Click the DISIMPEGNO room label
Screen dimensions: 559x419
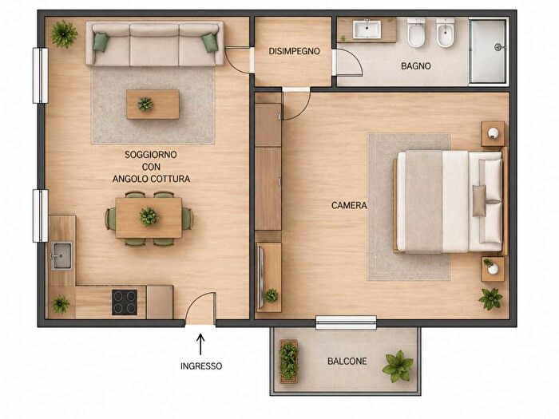click(294, 51)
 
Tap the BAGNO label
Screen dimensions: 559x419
click(416, 66)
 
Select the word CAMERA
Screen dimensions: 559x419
click(349, 205)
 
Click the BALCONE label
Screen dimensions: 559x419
click(347, 362)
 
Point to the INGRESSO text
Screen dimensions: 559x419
click(201, 366)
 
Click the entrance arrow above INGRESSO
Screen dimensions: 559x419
click(200, 344)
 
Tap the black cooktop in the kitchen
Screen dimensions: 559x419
click(125, 302)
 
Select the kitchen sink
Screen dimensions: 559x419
click(61, 255)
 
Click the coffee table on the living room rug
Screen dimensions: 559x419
click(153, 105)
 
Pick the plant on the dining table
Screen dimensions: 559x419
click(149, 216)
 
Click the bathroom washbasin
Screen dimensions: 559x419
click(367, 30)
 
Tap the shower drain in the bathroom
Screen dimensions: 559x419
click(498, 47)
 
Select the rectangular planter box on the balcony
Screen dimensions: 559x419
click(288, 362)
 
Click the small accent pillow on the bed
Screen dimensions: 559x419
click(479, 200)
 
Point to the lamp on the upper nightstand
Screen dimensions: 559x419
click(494, 133)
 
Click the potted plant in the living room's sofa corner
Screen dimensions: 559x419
click(64, 34)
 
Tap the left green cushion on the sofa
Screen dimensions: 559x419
click(100, 42)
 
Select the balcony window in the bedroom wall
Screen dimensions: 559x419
click(346, 322)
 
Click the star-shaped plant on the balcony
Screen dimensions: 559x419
click(398, 366)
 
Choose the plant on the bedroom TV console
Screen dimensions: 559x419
click(272, 295)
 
